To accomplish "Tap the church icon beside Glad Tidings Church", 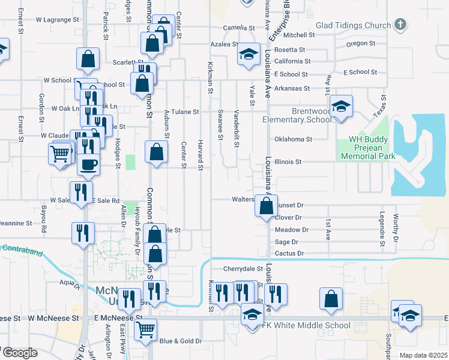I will (x=400, y=25).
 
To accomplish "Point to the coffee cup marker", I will (x=88, y=164).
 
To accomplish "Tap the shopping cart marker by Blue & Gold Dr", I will (x=145, y=329).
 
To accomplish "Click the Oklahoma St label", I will (x=294, y=139).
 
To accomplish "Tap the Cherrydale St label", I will (x=243, y=269).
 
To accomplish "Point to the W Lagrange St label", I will (x=58, y=20).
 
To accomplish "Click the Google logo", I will (x=20, y=353).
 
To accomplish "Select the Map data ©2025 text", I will (x=424, y=355).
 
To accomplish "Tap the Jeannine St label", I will (x=16, y=223).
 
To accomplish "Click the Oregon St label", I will (x=360, y=43).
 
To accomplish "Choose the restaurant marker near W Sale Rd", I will (x=79, y=193).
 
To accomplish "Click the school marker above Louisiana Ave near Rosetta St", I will (x=248, y=55).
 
